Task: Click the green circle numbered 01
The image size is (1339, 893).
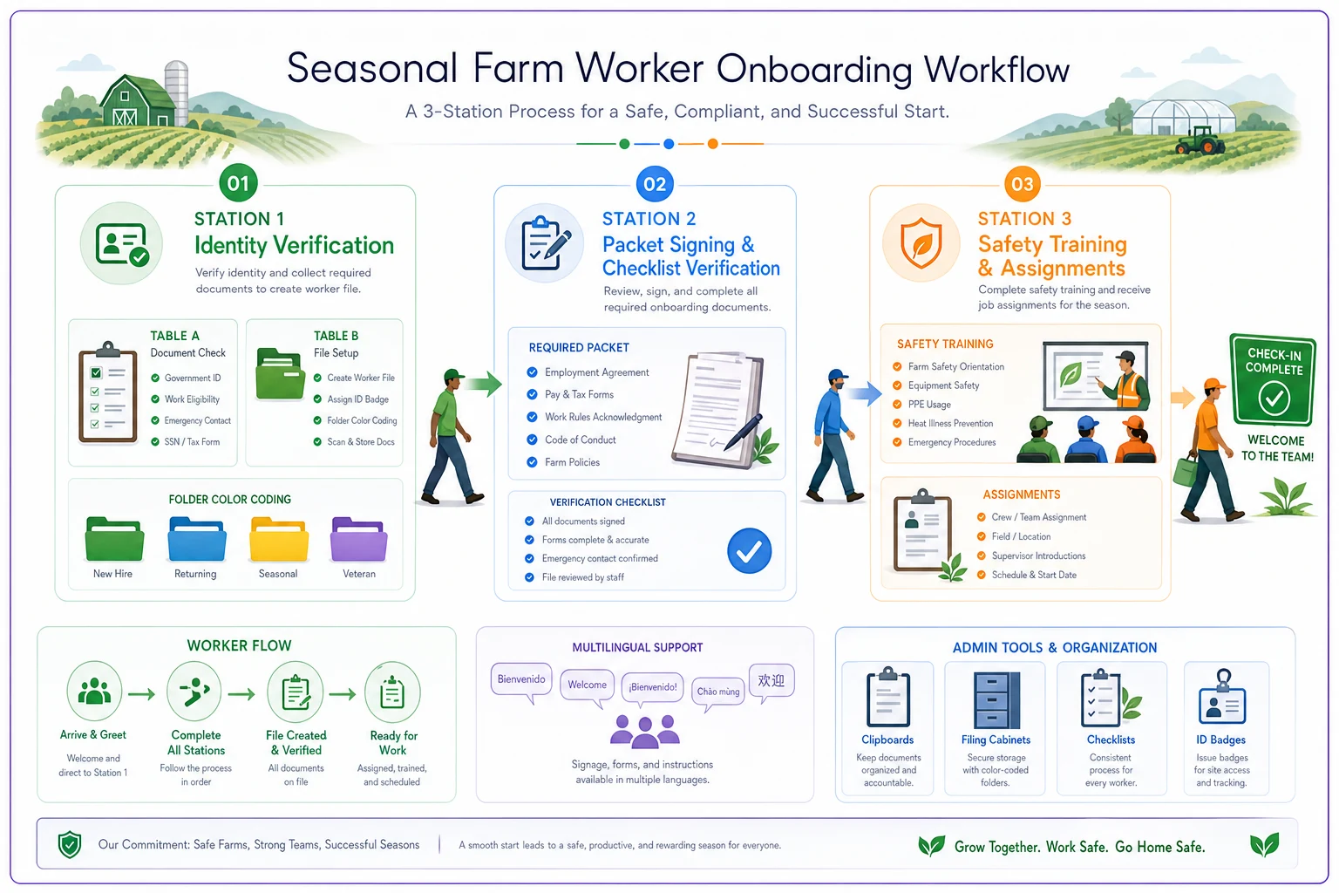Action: click(238, 183)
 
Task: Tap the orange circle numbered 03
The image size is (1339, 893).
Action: click(1023, 184)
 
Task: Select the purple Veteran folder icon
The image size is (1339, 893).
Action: click(358, 539)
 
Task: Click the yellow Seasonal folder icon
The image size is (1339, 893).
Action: click(279, 539)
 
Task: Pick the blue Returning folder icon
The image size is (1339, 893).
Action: click(197, 539)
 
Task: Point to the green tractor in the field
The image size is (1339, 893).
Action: click(1200, 140)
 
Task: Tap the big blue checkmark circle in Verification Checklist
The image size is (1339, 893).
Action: click(749, 551)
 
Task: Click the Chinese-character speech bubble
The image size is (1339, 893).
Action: click(771, 683)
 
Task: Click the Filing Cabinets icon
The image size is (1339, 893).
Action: click(996, 700)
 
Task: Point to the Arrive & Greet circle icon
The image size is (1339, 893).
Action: click(94, 691)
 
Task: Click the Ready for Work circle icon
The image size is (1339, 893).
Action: click(392, 692)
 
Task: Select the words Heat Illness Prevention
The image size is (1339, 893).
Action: click(950, 424)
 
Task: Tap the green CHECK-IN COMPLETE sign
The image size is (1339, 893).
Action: click(1274, 379)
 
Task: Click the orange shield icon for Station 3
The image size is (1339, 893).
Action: click(921, 242)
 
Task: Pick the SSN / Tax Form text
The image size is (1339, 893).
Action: click(192, 442)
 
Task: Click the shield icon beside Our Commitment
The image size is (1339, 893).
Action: click(70, 844)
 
